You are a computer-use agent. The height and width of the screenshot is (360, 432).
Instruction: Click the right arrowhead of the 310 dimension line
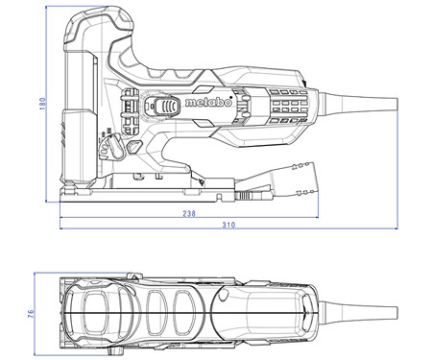click(x=396, y=228)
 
